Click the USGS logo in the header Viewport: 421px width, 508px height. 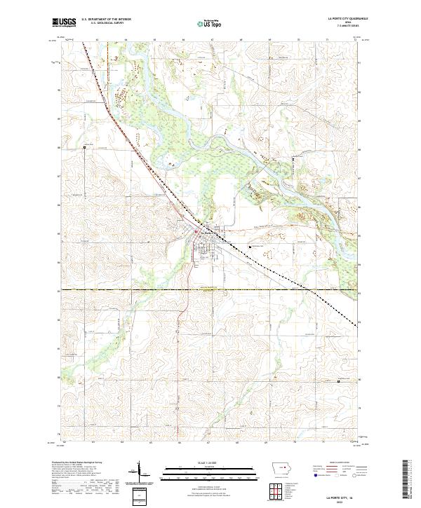pyautogui.click(x=65, y=23)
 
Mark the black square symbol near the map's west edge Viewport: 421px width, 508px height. pyautogui.click(x=83, y=146)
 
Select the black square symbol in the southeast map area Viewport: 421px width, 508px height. pyautogui.click(x=340, y=380)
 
